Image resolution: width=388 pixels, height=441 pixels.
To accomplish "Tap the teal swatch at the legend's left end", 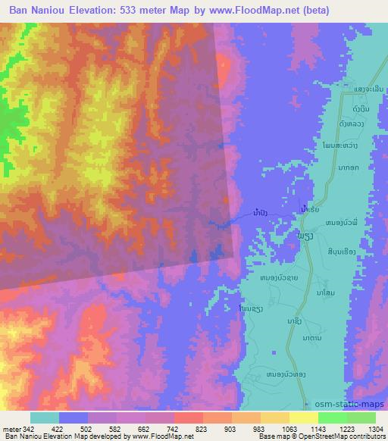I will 44,418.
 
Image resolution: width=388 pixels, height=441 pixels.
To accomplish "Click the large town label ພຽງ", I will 302,238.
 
